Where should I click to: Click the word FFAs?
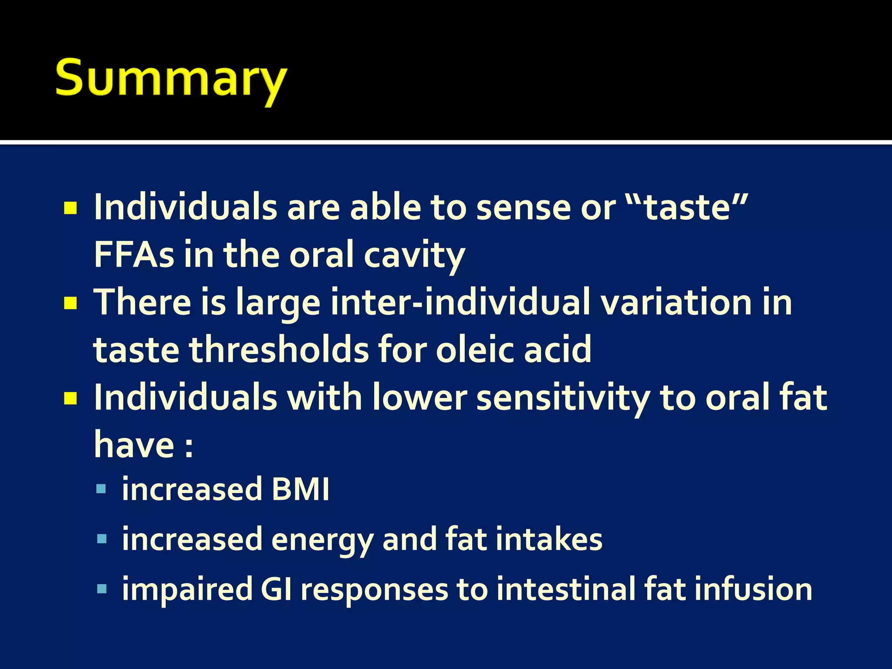tap(134, 255)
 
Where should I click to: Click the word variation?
tap(676, 302)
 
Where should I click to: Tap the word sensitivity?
tap(563, 398)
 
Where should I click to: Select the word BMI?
tap(300, 490)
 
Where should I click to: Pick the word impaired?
tap(187, 590)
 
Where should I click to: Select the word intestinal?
tap(565, 589)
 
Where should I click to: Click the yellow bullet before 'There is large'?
tap(70, 303)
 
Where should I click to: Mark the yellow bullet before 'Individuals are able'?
tap(70, 208)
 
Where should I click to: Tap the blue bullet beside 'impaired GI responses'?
tap(101, 590)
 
